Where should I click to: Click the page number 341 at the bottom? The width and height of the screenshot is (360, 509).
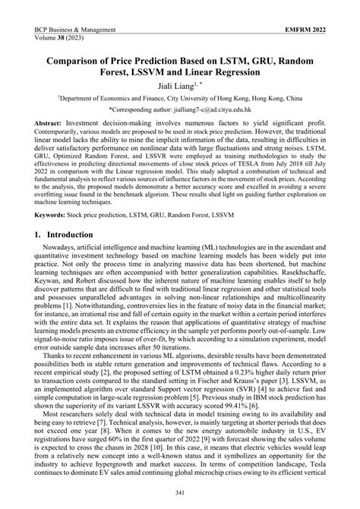point(180,495)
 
